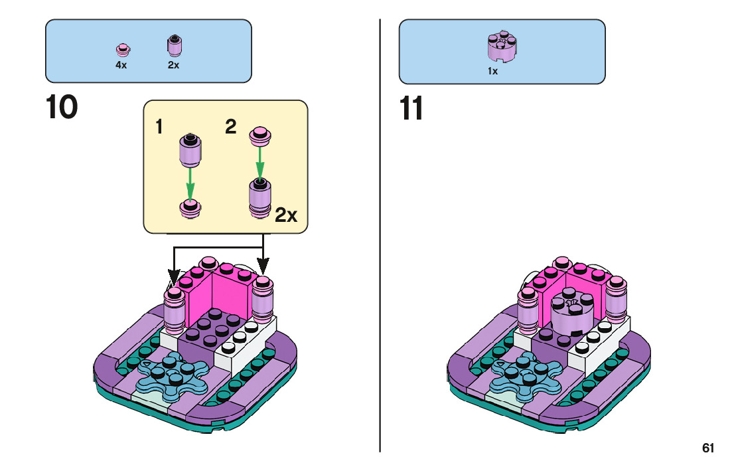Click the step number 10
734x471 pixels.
click(62, 108)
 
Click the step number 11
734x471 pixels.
click(412, 109)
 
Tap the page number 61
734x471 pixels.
click(708, 448)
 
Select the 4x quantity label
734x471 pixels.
click(121, 66)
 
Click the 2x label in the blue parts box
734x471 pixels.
click(173, 66)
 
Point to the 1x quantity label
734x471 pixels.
click(492, 71)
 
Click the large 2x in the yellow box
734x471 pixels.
click(286, 215)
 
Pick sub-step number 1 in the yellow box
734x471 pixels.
click(159, 127)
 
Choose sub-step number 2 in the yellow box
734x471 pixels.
click(230, 127)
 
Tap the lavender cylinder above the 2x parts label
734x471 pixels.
click(174, 45)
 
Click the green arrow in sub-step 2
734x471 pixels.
click(259, 159)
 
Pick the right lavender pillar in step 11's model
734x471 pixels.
click(618, 300)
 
